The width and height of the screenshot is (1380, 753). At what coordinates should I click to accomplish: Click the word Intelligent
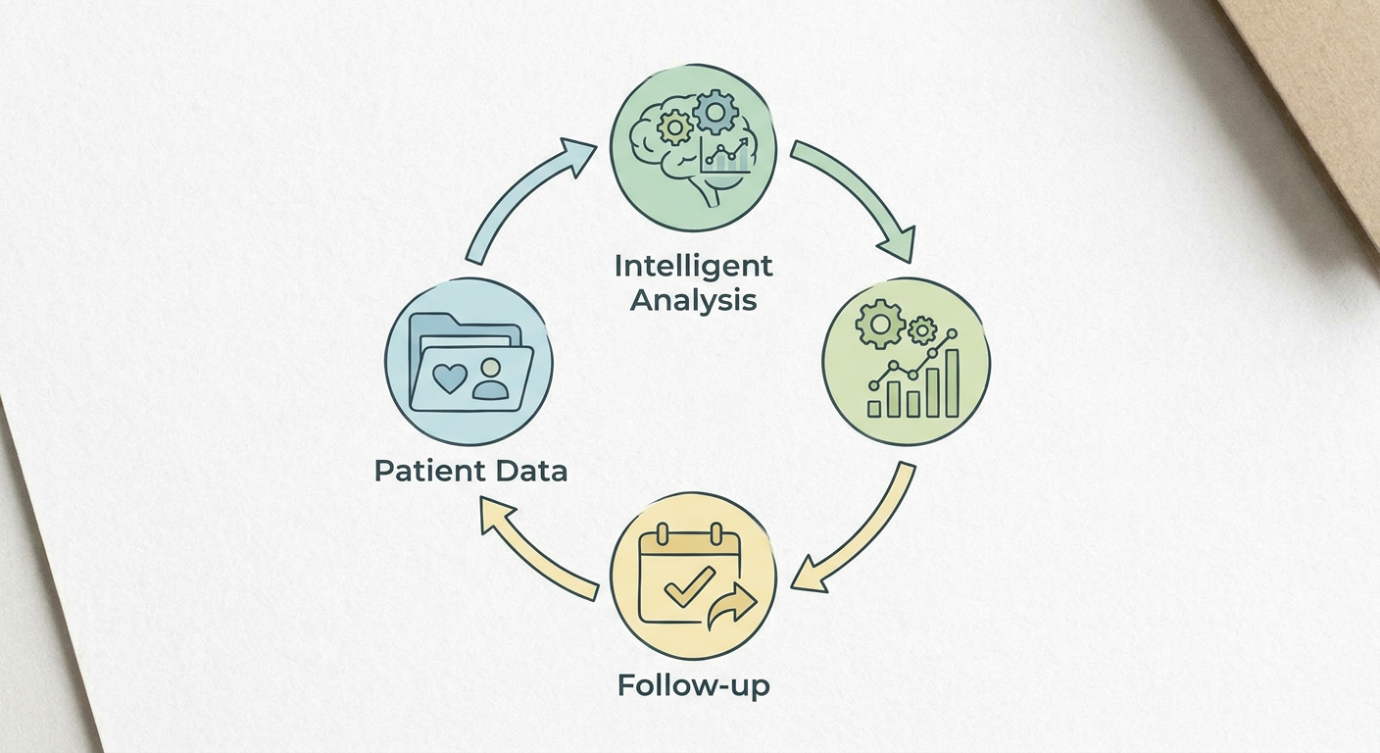(x=693, y=268)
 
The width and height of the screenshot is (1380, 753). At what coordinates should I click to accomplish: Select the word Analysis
(x=693, y=301)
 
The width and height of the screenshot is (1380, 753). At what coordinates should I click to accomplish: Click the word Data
(x=531, y=472)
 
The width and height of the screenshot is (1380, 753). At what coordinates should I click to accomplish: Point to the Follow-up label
(x=694, y=685)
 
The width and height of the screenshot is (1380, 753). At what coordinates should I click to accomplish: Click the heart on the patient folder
(x=450, y=378)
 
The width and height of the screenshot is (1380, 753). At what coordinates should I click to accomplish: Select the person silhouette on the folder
(x=490, y=379)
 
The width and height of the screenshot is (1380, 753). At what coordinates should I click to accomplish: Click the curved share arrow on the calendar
(x=731, y=607)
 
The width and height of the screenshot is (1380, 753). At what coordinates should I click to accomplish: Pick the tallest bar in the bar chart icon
(x=953, y=383)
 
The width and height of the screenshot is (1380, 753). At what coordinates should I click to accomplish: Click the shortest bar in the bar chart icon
(x=874, y=409)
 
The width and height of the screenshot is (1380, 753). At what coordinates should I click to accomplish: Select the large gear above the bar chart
(x=880, y=324)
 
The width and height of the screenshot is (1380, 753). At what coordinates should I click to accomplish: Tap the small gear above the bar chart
(x=922, y=330)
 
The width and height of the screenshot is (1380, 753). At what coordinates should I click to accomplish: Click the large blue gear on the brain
(x=715, y=112)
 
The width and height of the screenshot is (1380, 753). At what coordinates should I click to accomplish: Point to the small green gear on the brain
(x=675, y=128)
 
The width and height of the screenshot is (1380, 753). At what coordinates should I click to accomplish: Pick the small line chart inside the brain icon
(x=725, y=155)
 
